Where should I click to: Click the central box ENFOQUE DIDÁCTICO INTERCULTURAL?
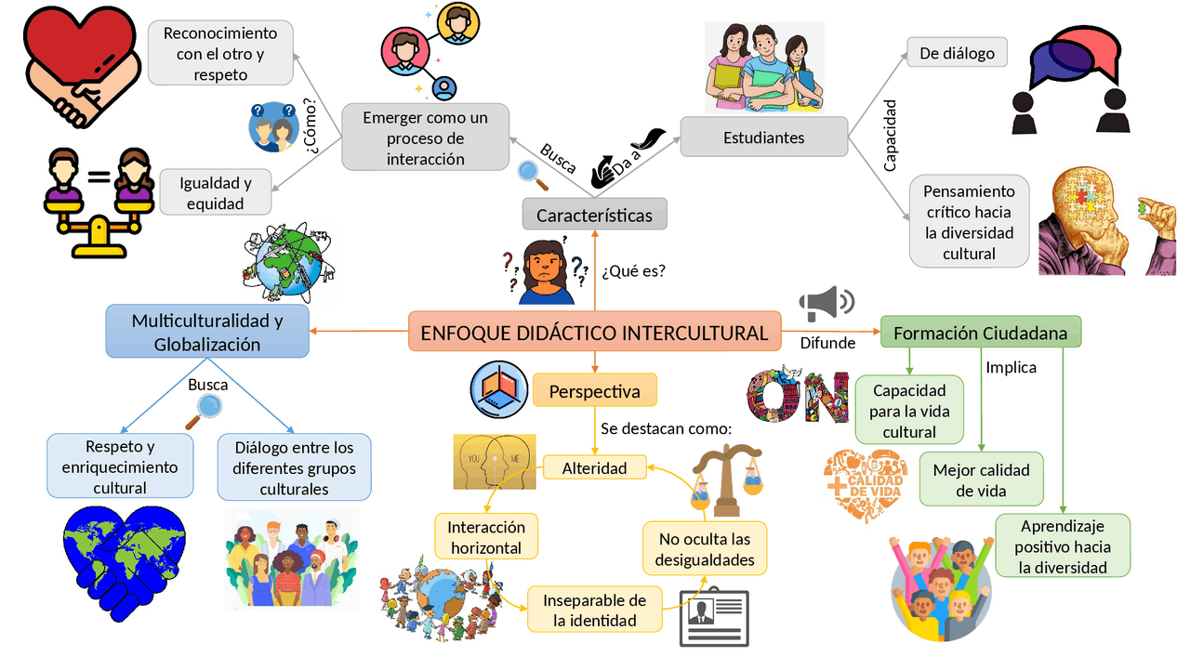(594, 332)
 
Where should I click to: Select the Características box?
(594, 214)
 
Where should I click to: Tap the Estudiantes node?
(763, 137)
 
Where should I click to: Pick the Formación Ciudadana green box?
(980, 332)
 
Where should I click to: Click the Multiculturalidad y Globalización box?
(207, 332)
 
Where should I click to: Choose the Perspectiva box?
(594, 390)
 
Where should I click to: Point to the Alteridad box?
(594, 467)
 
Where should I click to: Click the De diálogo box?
(957, 53)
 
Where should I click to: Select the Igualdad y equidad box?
(215, 192)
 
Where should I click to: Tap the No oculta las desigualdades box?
(705, 548)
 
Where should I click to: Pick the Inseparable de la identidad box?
(594, 610)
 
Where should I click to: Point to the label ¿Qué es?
(633, 270)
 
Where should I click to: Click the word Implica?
(1011, 367)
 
